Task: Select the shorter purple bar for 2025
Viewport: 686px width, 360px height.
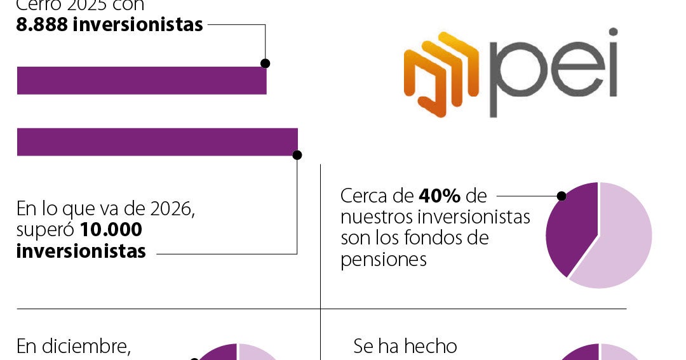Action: pos(141,81)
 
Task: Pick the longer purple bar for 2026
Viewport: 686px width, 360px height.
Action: pos(157,142)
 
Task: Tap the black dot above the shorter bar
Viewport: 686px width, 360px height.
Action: pos(266,63)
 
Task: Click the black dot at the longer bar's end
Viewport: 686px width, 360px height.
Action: pos(297,154)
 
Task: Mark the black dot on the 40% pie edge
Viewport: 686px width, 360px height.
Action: pos(562,196)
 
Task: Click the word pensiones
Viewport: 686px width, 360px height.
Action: pos(383,260)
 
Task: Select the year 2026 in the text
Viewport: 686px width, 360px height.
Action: pos(172,209)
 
